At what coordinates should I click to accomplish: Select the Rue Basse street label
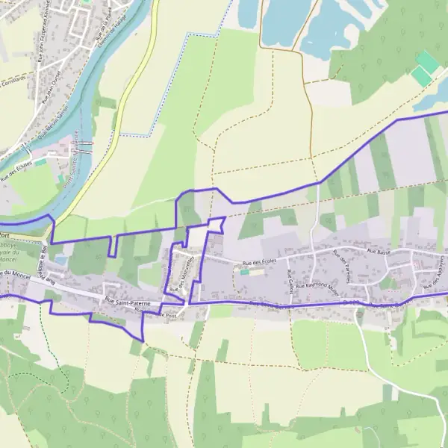click(x=379, y=252)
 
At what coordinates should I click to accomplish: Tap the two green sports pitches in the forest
click(x=424, y=69)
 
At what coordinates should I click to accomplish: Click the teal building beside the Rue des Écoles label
click(x=244, y=272)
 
